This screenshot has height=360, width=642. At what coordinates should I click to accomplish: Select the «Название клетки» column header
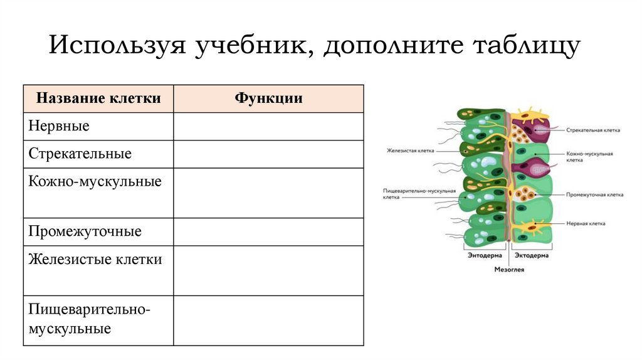98,98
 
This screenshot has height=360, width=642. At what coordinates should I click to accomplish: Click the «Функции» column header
268,98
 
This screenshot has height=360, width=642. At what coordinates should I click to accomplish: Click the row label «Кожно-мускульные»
95,181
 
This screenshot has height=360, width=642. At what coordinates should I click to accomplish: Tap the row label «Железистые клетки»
95,259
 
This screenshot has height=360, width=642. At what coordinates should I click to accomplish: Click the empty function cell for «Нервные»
268,126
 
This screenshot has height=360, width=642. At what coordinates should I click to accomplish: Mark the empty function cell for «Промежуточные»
268,231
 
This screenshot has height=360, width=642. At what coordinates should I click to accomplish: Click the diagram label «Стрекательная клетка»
592,130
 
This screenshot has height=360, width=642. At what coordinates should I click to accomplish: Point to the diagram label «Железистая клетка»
409,151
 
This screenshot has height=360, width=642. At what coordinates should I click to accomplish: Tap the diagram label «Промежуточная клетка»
594,194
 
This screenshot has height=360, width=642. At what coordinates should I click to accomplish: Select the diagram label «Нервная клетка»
586,223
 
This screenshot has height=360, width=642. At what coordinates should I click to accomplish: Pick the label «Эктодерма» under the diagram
531,256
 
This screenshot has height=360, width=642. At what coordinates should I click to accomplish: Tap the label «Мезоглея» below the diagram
509,270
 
